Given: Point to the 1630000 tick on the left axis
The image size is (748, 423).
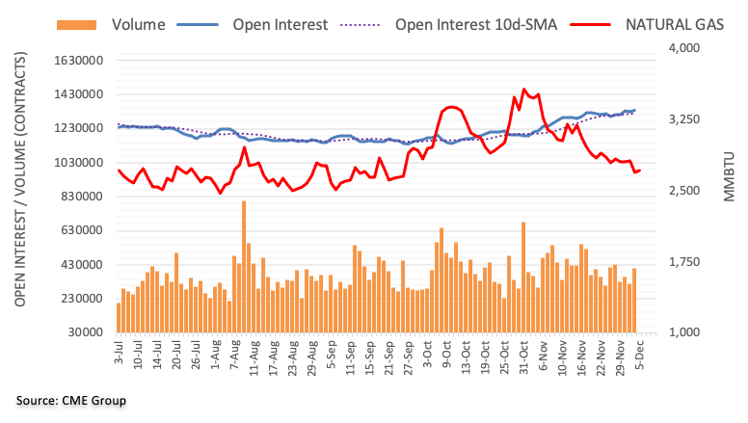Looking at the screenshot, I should pos(78,60).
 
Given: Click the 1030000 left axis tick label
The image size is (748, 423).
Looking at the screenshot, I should pos(78,162).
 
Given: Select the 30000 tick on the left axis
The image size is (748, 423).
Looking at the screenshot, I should pos(87,332).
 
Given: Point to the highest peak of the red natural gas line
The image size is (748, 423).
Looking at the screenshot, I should pos(523,90).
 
